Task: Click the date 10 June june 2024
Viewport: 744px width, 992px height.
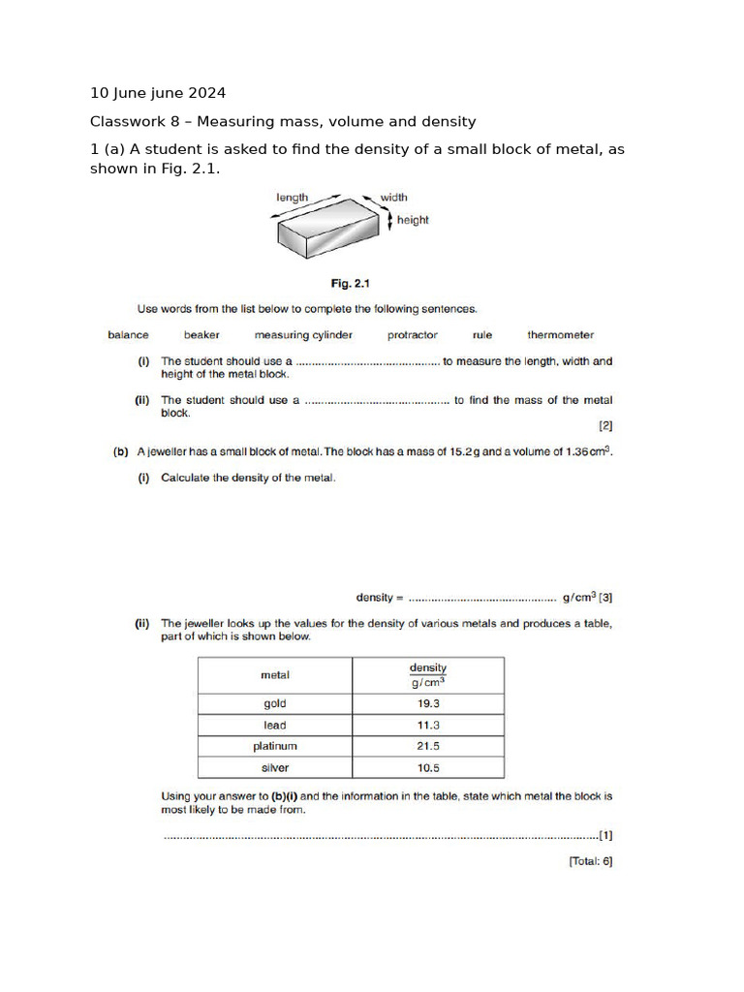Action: pyautogui.click(x=158, y=93)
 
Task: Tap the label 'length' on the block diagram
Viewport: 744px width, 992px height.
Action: pyautogui.click(x=292, y=198)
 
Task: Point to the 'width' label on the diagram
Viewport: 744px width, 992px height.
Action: pyautogui.click(x=393, y=198)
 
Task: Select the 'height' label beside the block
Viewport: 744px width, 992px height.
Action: pyautogui.click(x=413, y=220)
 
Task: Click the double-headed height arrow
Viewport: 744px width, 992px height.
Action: pyautogui.click(x=390, y=221)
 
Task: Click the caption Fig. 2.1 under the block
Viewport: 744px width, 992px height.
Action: pyautogui.click(x=352, y=284)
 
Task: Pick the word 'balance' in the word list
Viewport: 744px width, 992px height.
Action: pyautogui.click(x=128, y=335)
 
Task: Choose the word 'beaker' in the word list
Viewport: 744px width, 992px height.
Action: pyautogui.click(x=201, y=335)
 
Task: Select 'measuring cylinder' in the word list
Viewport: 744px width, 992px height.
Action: pyautogui.click(x=303, y=335)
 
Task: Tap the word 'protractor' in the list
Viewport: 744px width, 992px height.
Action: pyautogui.click(x=413, y=335)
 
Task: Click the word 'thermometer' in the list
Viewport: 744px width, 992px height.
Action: pyautogui.click(x=561, y=335)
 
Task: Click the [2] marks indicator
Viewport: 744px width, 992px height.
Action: pyautogui.click(x=605, y=424)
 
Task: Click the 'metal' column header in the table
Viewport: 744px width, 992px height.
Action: pyautogui.click(x=275, y=674)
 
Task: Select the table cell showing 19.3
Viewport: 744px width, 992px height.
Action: pyautogui.click(x=428, y=704)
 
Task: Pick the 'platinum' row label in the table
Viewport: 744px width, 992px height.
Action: pyautogui.click(x=275, y=747)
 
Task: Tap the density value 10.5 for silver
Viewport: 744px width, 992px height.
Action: pyautogui.click(x=428, y=768)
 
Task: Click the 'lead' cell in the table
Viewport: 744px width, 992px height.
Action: pyautogui.click(x=275, y=726)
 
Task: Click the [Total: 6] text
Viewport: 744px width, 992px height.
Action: pyautogui.click(x=590, y=860)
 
